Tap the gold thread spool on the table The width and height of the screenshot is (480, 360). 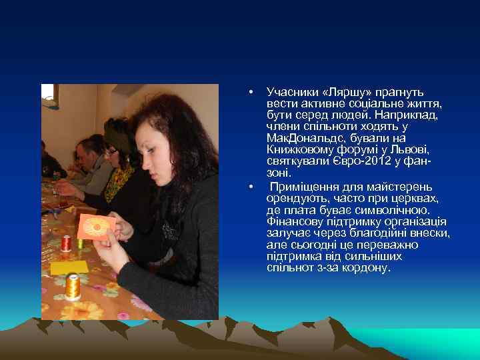point(72,285)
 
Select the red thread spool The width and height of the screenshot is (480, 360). point(66,243)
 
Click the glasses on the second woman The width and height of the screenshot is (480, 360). point(111,153)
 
